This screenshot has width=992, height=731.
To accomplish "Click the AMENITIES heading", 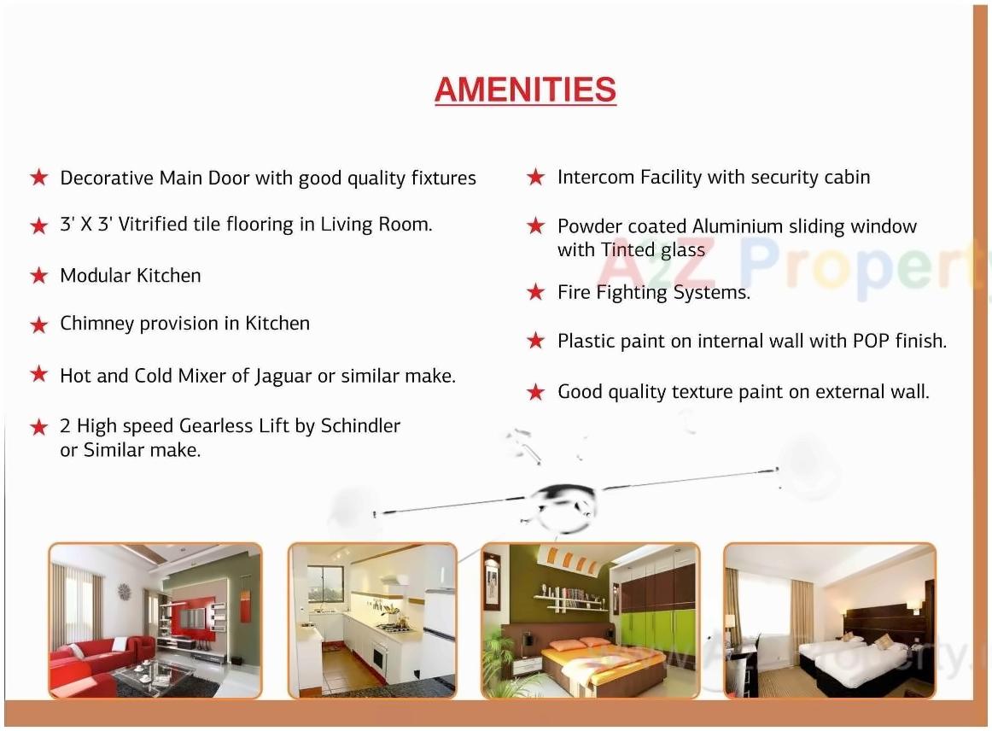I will point(525,91).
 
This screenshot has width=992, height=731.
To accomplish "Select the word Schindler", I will point(360,425).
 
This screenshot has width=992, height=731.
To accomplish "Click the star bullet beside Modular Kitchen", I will point(38,276).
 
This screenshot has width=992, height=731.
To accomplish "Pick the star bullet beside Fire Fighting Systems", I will point(535,292).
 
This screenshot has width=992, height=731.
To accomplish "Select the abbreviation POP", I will point(871,341).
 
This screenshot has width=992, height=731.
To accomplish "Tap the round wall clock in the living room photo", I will point(124,591).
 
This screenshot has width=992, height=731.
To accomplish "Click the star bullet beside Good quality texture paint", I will point(535,392).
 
